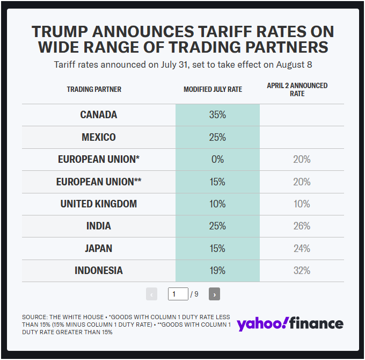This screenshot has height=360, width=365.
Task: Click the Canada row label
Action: click(x=98, y=115)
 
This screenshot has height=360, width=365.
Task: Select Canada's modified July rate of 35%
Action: click(x=217, y=115)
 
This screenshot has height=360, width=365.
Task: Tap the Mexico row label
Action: click(x=98, y=137)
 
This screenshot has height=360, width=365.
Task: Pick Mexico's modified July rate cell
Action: click(x=217, y=137)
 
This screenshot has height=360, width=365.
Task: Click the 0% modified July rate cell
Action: click(x=217, y=160)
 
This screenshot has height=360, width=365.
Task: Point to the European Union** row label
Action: click(x=98, y=182)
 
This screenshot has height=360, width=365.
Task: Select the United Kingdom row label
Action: click(x=98, y=204)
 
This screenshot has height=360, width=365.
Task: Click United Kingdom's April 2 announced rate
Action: click(x=302, y=204)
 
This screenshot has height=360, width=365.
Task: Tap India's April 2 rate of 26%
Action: click(x=302, y=226)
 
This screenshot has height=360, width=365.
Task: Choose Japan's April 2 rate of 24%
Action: click(x=302, y=249)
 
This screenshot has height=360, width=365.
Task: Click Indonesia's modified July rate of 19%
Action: click(x=217, y=271)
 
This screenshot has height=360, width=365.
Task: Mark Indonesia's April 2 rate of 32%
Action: click(x=302, y=271)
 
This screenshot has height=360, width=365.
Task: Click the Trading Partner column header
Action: click(x=94, y=89)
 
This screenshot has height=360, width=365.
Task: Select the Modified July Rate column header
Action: click(x=213, y=89)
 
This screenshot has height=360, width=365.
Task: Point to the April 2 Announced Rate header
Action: click(x=297, y=89)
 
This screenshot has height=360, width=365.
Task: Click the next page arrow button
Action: click(x=214, y=294)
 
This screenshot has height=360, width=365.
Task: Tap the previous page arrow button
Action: click(x=151, y=294)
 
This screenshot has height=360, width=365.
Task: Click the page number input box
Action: click(x=178, y=294)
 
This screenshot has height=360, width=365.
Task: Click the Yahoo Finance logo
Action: click(x=290, y=323)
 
